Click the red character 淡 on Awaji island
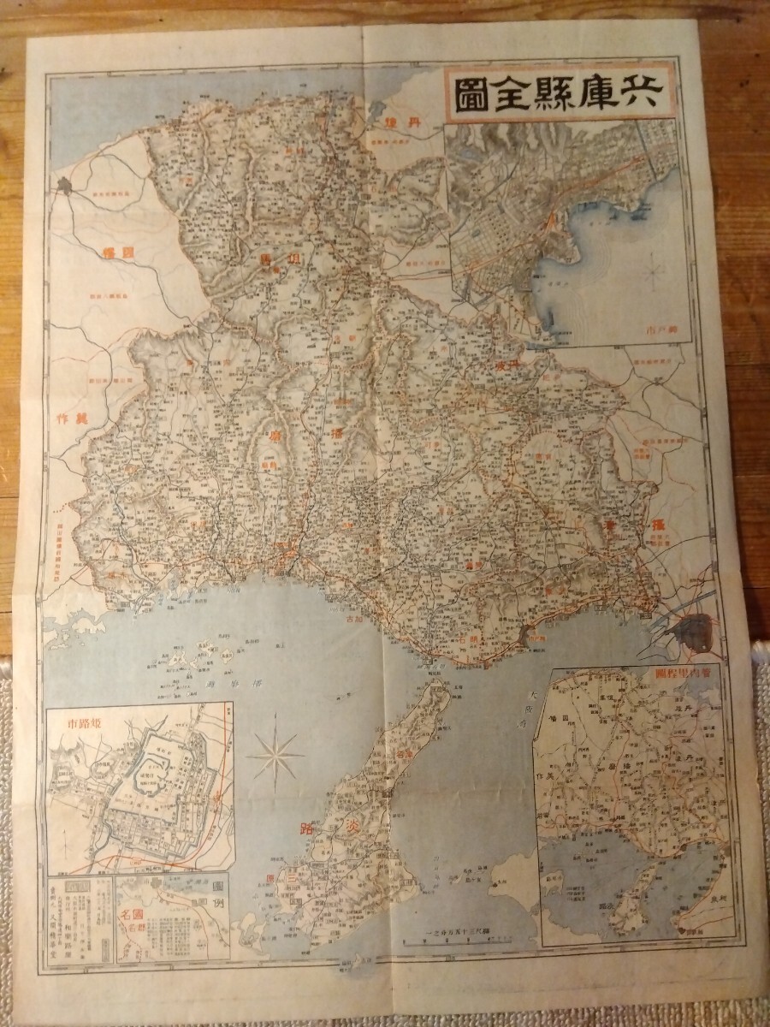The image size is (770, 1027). [x=355, y=809]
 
